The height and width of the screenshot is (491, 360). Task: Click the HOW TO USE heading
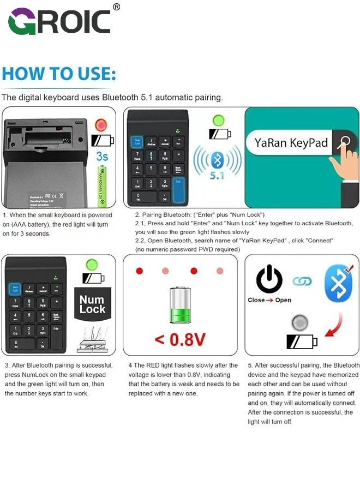pyautogui.click(x=59, y=73)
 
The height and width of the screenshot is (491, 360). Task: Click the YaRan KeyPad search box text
pyautogui.click(x=292, y=143)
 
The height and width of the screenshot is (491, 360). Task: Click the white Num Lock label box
pyautogui.click(x=92, y=304)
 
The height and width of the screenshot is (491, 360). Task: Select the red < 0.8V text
pyautogui.click(x=179, y=339)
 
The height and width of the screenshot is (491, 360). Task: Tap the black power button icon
pyautogui.click(x=269, y=279)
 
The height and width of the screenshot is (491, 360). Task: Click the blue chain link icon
pyautogui.click(x=302, y=282)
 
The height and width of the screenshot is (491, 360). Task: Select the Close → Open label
pyautogui.click(x=269, y=300)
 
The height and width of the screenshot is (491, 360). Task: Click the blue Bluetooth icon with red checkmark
pyautogui.click(x=338, y=283)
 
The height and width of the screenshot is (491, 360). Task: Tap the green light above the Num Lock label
pyautogui.click(x=92, y=266)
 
